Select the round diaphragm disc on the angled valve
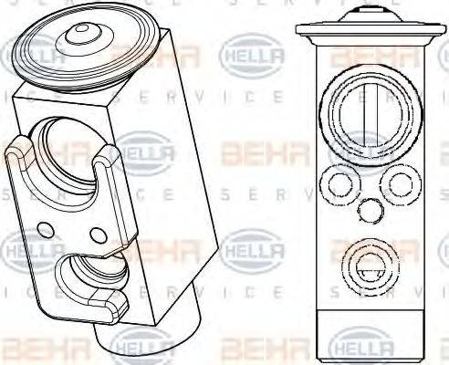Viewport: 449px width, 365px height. (x=82, y=50)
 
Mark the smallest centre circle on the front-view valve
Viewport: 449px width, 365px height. (x=369, y=211)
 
